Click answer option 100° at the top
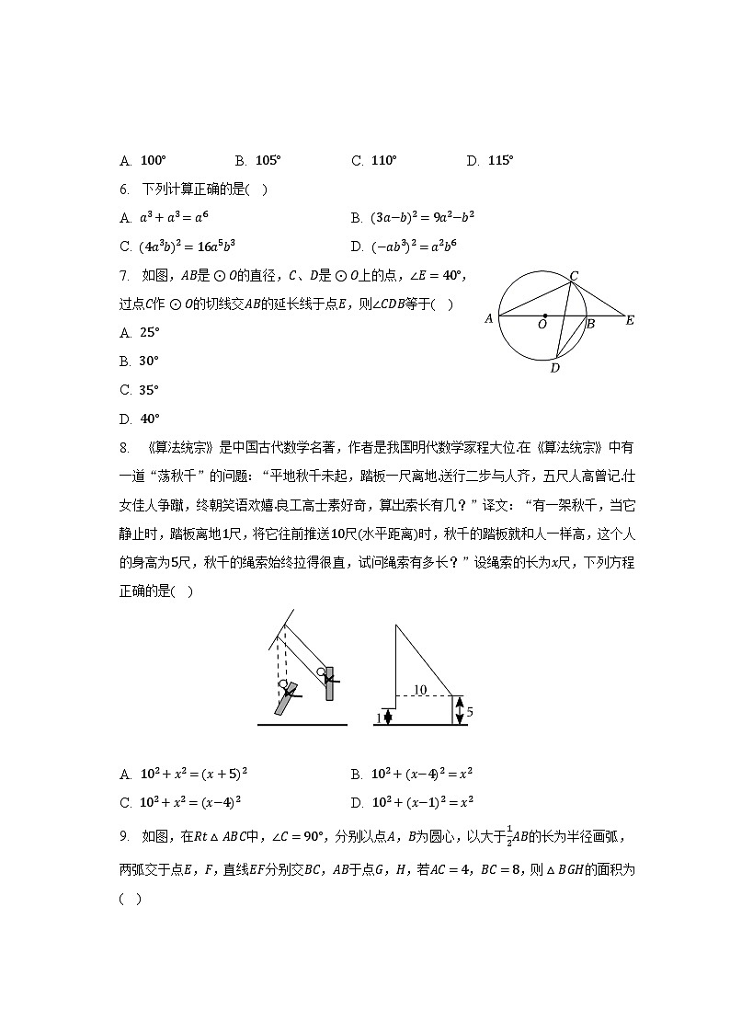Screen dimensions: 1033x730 pyautogui.click(x=153, y=161)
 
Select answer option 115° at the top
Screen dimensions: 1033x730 pyautogui.click(x=500, y=161)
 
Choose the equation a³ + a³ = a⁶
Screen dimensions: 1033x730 pyautogui.click(x=177, y=218)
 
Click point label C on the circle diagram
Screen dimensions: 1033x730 pyautogui.click(x=574, y=275)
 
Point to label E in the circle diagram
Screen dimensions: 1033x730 pyautogui.click(x=630, y=321)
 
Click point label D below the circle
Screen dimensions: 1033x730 pyautogui.click(x=554, y=369)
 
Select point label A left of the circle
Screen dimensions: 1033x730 pyautogui.click(x=488, y=320)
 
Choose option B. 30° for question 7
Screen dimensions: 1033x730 pyautogui.click(x=149, y=362)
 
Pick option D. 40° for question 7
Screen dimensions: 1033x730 pyautogui.click(x=149, y=419)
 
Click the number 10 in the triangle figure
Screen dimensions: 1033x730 pyautogui.click(x=420, y=689)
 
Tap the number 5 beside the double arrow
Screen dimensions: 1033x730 pyautogui.click(x=469, y=712)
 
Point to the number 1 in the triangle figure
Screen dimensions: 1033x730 pyautogui.click(x=378, y=717)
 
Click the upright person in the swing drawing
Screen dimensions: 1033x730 pyautogui.click(x=327, y=682)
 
